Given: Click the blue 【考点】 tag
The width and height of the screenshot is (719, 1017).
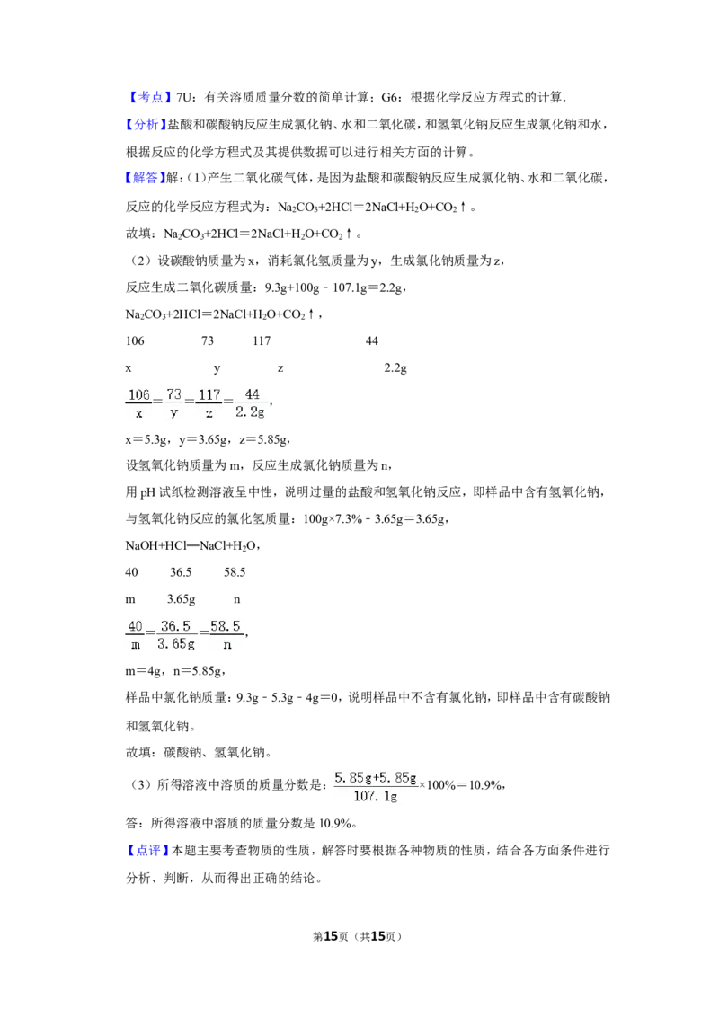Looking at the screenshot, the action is (148, 97).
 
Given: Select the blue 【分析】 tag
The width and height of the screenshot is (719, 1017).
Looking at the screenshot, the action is (146, 125).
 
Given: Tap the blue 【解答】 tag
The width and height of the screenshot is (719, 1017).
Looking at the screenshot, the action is (146, 178).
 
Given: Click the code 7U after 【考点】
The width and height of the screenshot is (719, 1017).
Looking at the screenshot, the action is (184, 97).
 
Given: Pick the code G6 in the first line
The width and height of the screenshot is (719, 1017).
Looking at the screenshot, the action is (389, 97).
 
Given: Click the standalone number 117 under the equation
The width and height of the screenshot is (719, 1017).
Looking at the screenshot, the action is (262, 341).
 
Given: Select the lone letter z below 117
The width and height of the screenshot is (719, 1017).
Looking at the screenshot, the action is (280, 368).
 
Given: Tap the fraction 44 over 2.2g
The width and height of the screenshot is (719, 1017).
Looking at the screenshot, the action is (251, 403).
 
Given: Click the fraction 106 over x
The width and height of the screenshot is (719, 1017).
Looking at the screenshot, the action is (139, 403).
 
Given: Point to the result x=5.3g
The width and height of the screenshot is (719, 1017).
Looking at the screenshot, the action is (146, 439).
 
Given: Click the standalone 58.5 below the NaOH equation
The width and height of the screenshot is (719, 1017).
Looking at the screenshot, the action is (235, 572).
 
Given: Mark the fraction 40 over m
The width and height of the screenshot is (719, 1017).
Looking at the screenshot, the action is (135, 636).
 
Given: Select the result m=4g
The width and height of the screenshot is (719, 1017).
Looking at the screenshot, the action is (144, 672).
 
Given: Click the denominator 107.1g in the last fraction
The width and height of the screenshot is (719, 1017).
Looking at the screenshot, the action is (375, 797).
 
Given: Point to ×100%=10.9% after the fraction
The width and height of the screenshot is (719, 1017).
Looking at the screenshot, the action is (461, 785).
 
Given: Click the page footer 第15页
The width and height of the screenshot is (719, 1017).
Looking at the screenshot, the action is (331, 936).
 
